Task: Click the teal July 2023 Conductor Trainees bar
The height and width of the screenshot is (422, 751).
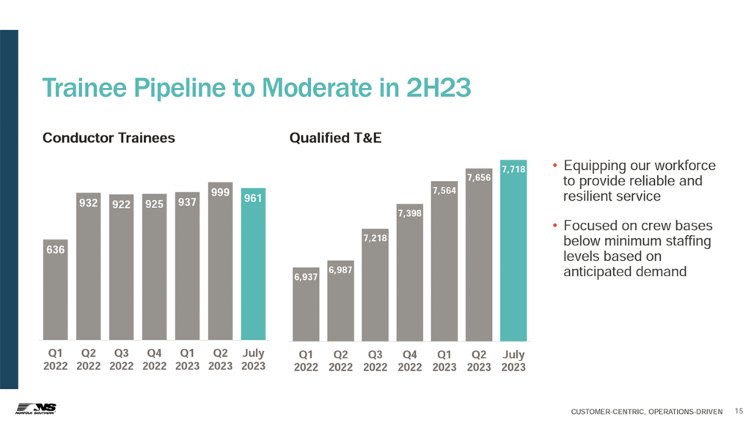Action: click(253, 271)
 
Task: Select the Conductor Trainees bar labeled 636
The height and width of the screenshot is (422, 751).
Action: click(56, 293)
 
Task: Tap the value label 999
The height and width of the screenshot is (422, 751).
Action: click(220, 192)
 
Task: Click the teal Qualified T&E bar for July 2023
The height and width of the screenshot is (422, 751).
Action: click(513, 256)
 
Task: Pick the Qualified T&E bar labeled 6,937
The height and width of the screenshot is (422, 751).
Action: click(307, 308)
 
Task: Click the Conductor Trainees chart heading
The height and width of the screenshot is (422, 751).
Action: click(109, 138)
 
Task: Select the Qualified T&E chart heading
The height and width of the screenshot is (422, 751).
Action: click(335, 138)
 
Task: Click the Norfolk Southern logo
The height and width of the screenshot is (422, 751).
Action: click(36, 407)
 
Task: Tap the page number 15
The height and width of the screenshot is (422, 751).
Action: click(738, 410)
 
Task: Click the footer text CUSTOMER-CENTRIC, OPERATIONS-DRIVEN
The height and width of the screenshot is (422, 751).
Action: click(646, 410)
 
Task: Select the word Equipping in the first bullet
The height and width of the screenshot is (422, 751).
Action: click(590, 166)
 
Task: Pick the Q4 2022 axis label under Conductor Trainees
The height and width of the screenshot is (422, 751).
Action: click(154, 359)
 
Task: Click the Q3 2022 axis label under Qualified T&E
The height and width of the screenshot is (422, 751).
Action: click(375, 360)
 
